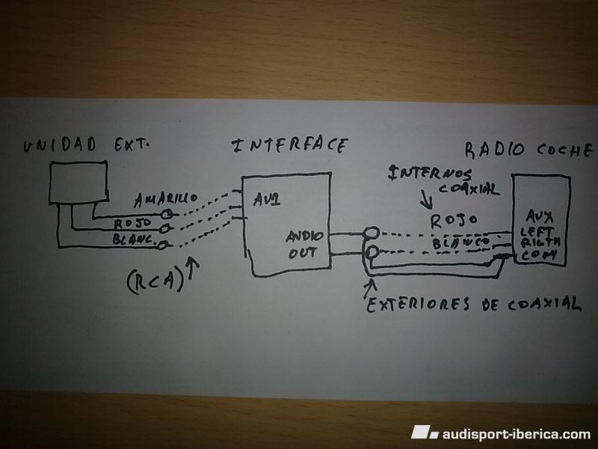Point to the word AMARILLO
point(166,200)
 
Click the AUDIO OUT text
point(303,245)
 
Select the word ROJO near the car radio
point(454,220)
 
